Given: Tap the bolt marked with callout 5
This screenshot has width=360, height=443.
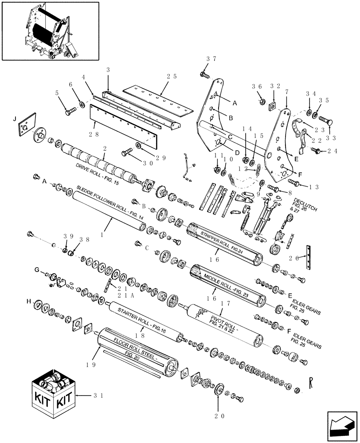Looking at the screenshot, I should click(70, 112).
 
